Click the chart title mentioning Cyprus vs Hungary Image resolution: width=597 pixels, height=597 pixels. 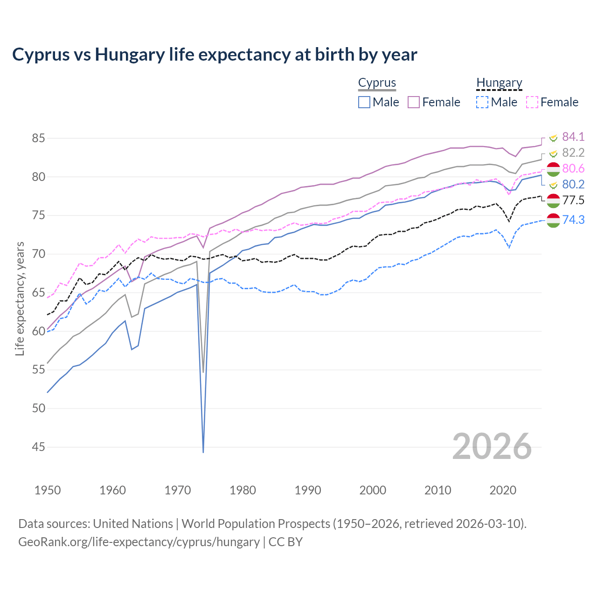pos(215,55)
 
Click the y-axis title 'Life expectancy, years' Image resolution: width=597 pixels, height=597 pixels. pos(20,298)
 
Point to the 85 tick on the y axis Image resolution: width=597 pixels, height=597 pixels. pos(39,139)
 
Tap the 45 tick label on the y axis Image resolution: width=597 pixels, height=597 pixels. pos(39,447)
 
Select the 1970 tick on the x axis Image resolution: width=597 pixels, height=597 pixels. pos(178,490)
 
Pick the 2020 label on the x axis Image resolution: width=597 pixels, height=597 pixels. pos(503,490)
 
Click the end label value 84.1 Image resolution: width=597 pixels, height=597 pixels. pos(573,137)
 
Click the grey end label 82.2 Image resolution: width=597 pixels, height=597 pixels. pos(573,153)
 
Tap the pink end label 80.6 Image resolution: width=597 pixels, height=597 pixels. pos(573,169)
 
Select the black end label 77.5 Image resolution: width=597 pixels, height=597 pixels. pos(573,201)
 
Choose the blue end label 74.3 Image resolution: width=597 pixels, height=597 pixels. pos(573,220)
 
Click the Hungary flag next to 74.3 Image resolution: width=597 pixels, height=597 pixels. pos(553,220)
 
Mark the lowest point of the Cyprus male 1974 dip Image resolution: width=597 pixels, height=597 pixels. pos(203,451)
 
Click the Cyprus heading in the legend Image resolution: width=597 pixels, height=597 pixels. pos(377,83)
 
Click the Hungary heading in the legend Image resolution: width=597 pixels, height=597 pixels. pos(499,83)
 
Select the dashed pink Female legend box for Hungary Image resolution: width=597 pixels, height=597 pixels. pos(532,102)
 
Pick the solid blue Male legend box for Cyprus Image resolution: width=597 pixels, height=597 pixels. pos(364,102)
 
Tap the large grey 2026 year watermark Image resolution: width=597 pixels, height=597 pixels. pos(492,446)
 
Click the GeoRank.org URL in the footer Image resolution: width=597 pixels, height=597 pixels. pos(139,542)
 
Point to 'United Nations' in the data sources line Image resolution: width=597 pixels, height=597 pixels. pos(133,524)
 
